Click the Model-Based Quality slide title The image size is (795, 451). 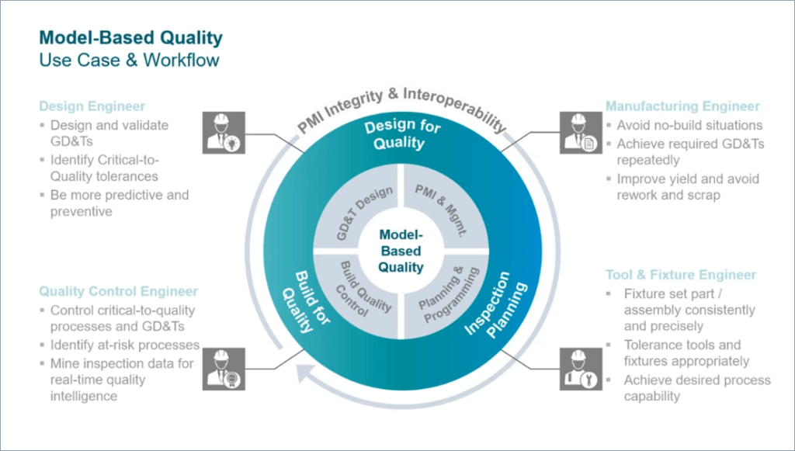pos(131,37)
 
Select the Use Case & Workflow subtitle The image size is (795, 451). pos(130,60)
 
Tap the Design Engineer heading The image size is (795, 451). pos(92,106)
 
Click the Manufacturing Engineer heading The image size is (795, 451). pos(682,106)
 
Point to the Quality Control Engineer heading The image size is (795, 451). pos(119,292)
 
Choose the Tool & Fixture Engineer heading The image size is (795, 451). pos(680,275)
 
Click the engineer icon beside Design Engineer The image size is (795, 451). pos(224,131)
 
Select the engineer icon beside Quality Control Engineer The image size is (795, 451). pos(224,369)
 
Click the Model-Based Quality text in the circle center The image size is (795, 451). pos(401,251)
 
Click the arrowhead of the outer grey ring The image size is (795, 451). pos(306,376)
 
